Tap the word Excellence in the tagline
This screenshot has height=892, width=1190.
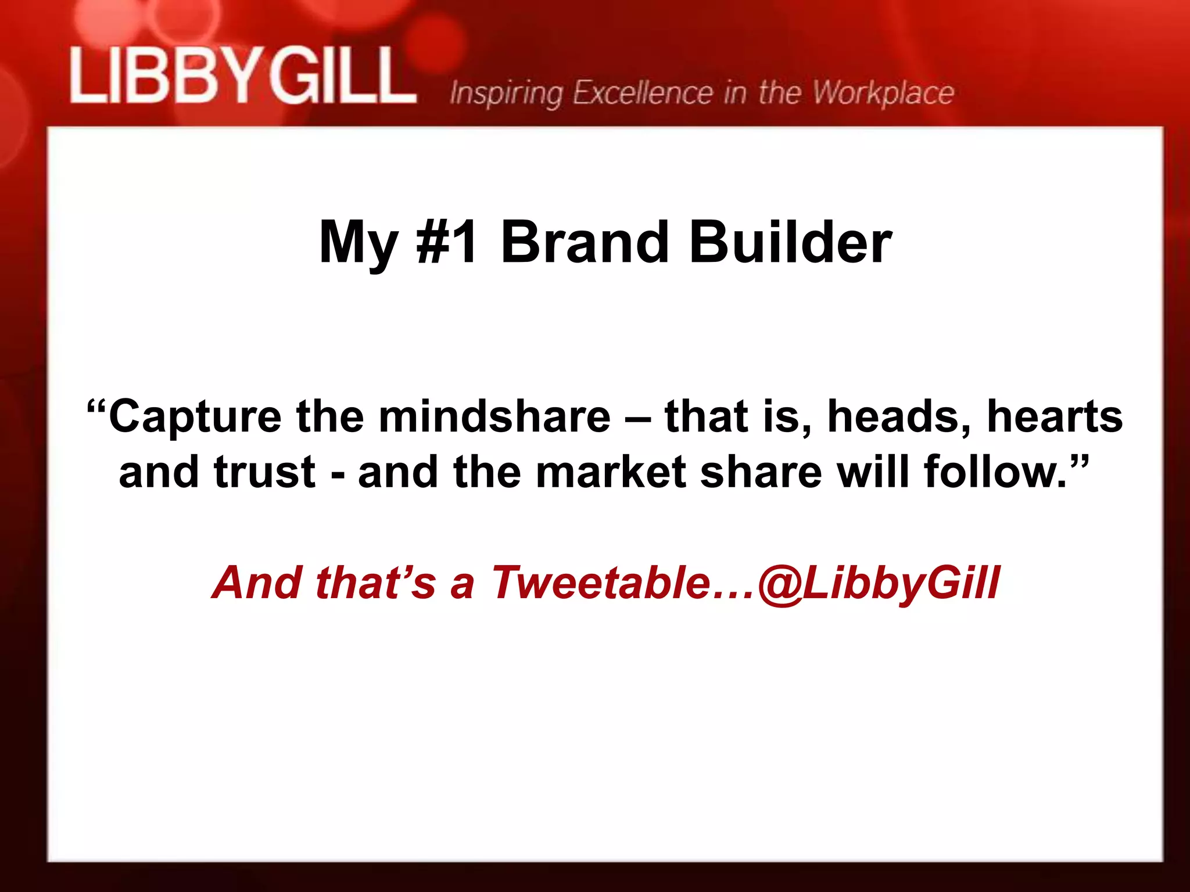643,92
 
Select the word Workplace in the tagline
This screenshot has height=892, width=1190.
883,92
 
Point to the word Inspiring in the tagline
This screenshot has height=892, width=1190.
506,93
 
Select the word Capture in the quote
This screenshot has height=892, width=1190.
195,417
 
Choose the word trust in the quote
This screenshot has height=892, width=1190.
264,472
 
